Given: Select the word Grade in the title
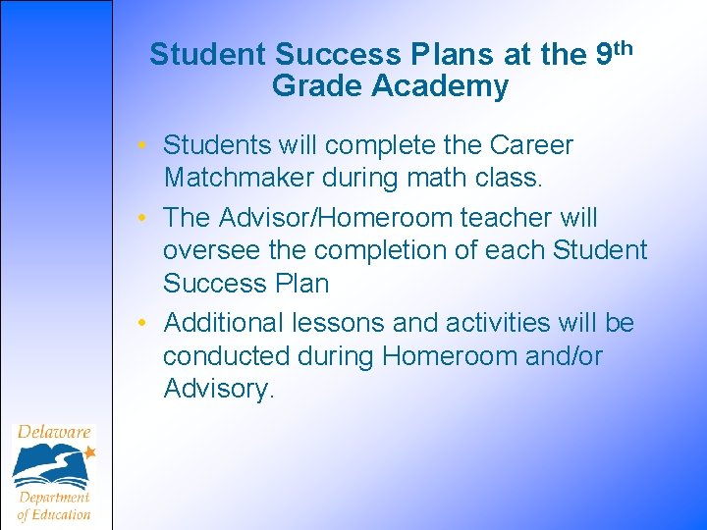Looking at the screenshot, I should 317,86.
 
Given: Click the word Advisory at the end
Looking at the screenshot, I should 216,389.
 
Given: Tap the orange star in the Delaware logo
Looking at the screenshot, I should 89,452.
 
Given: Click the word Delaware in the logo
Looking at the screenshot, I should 53,432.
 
